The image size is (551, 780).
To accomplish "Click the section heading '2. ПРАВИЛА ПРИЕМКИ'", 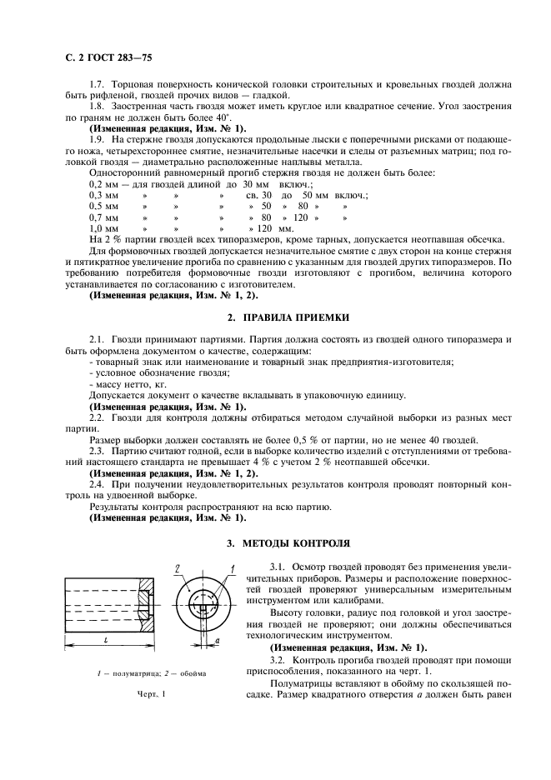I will (x=282, y=317).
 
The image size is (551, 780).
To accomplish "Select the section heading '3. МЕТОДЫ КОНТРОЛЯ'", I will (x=282, y=542).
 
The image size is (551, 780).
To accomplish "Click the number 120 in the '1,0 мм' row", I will (x=266, y=227).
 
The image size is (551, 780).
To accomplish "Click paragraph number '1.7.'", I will (x=99, y=87).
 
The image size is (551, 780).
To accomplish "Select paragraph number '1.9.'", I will (x=99, y=141).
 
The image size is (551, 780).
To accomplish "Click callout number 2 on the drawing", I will (x=178, y=568).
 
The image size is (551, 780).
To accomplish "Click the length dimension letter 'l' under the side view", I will (x=98, y=639).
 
